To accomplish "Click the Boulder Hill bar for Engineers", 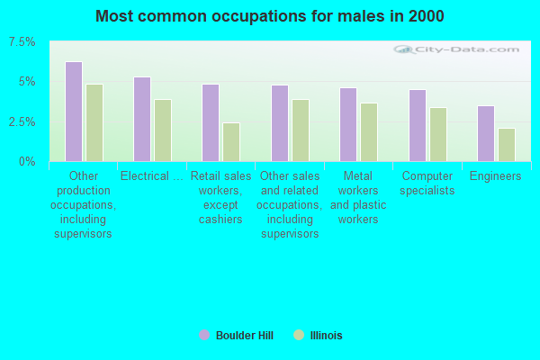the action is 486,134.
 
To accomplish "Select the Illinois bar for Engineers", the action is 507,145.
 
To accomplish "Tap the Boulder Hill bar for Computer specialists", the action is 418,126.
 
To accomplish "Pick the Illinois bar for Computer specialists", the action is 438,135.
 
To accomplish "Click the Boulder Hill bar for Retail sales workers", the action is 211,123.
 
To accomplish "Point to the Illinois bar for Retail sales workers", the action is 231,142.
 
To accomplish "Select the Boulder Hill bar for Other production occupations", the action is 74,112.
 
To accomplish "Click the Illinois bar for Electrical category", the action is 163,130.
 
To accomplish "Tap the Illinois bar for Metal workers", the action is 369,132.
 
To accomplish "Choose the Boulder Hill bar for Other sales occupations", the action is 280,123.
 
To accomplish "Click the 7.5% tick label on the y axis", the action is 22,42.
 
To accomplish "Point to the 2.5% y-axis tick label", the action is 22,122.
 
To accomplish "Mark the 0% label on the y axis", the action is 27,162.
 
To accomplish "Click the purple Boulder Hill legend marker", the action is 204,335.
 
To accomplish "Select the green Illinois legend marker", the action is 299,335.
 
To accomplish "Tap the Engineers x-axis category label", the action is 496,176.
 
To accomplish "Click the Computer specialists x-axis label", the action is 427,184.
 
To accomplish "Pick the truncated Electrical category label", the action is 152,176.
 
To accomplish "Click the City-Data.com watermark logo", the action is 456,50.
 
